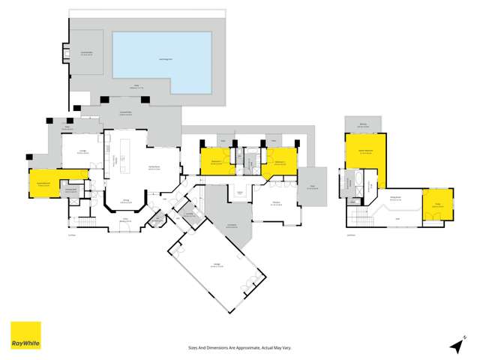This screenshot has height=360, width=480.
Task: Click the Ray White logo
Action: point(25,336)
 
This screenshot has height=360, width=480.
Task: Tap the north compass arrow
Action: point(454,344)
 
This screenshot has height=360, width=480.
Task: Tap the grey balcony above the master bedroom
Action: point(363,125)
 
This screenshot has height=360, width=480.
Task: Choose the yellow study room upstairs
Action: point(438,204)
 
